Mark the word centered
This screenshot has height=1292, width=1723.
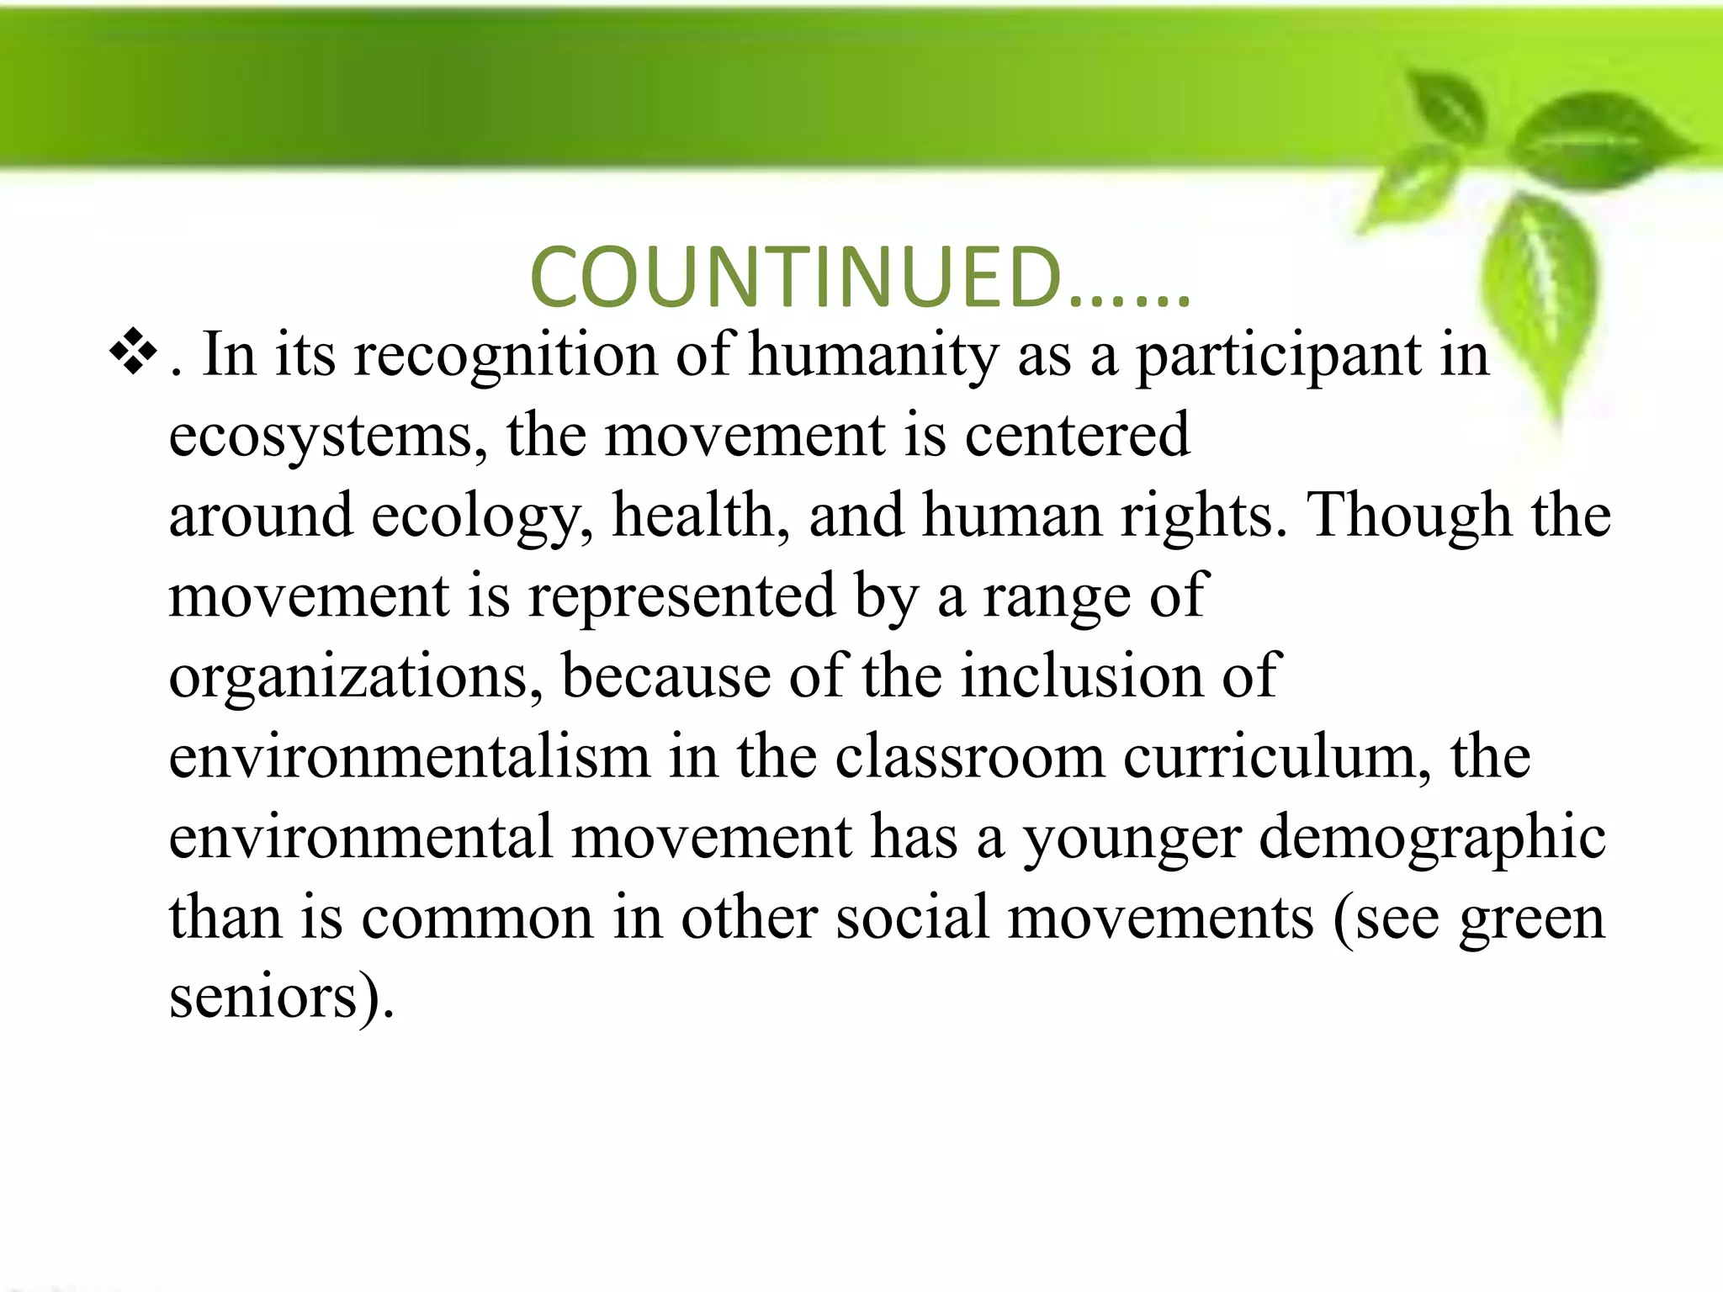point(1077,435)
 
